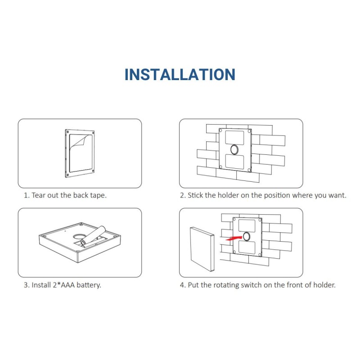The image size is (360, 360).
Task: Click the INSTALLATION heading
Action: pyautogui.click(x=180, y=74)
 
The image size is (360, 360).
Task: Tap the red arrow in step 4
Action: pyautogui.click(x=234, y=238)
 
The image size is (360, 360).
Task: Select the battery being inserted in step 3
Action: pyautogui.click(x=93, y=235)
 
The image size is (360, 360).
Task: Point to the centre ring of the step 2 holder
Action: pyautogui.click(x=234, y=149)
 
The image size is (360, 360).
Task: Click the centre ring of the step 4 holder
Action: pyautogui.click(x=246, y=236)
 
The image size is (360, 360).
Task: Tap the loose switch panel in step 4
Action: pyautogui.click(x=202, y=249)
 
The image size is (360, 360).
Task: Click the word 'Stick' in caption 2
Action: pyautogui.click(x=195, y=195)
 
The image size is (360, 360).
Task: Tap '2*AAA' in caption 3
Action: pyautogui.click(x=63, y=285)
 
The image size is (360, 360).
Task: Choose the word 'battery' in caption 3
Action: pyautogui.click(x=88, y=285)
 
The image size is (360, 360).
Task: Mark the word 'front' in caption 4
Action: pyautogui.click(x=294, y=285)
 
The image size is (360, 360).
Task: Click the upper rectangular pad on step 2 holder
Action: pyautogui.click(x=234, y=138)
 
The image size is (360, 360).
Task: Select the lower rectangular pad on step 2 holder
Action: pyautogui.click(x=234, y=162)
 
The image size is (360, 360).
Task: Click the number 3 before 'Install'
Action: pyautogui.click(x=26, y=285)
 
